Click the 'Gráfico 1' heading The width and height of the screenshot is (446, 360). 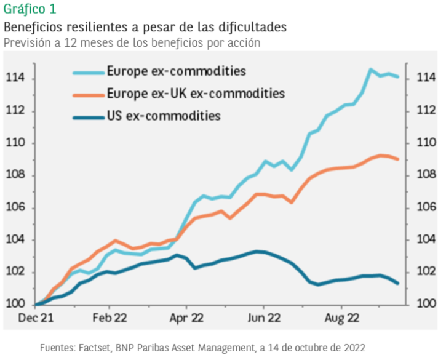click(x=30, y=9)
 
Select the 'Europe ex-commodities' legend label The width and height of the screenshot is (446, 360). click(x=176, y=71)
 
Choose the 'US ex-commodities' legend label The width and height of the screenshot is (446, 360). click(x=164, y=115)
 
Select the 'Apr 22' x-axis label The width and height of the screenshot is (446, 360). click(x=186, y=319)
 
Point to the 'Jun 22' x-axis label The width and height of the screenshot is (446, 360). click(x=264, y=319)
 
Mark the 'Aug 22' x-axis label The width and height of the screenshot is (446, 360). click(x=341, y=319)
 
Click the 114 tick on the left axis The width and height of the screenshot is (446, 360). click(x=15, y=78)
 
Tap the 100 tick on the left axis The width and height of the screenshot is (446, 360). click(x=15, y=304)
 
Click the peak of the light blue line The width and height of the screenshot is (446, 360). click(x=370, y=70)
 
